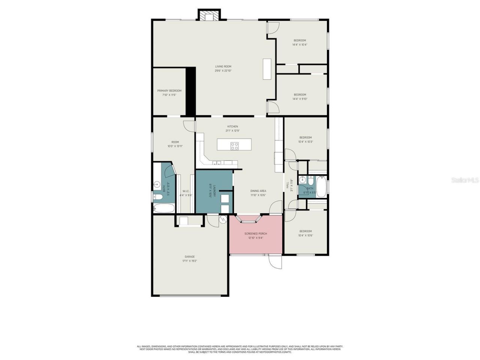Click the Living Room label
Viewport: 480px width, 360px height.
click(223, 67)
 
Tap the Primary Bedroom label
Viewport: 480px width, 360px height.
click(169, 91)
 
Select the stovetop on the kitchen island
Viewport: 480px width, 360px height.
click(234, 146)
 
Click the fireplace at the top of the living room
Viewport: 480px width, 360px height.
click(208, 16)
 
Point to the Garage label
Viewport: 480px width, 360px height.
click(189, 257)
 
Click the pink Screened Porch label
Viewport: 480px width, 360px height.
click(256, 234)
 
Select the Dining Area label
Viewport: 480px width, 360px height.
click(258, 191)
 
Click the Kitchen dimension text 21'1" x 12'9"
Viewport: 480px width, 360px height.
click(232, 131)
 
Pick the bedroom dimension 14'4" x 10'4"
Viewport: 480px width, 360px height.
click(300, 45)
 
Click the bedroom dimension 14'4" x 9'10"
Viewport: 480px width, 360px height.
click(300, 99)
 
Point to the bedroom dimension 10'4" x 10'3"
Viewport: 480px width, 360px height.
click(306, 142)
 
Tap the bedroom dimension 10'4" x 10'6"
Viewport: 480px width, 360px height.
click(306, 235)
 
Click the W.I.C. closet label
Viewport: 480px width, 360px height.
click(186, 191)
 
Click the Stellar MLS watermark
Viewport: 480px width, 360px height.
click(465, 180)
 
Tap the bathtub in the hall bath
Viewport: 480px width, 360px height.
click(321, 186)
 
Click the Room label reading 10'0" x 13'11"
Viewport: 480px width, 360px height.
click(175, 142)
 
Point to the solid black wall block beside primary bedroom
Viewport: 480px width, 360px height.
click(191, 91)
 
